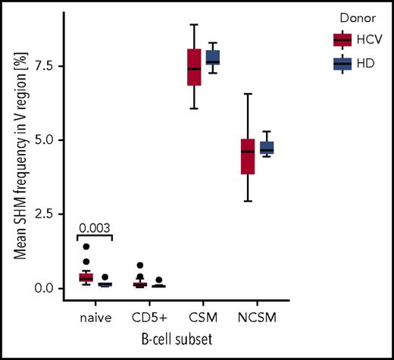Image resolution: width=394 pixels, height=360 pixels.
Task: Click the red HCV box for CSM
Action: (x=194, y=67)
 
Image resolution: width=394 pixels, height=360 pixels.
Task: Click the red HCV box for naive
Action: (x=86, y=277)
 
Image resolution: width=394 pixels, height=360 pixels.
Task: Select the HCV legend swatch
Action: (x=342, y=39)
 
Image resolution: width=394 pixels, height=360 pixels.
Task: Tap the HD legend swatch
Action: (x=342, y=64)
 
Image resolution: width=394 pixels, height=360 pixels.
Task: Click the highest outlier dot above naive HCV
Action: (x=86, y=246)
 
